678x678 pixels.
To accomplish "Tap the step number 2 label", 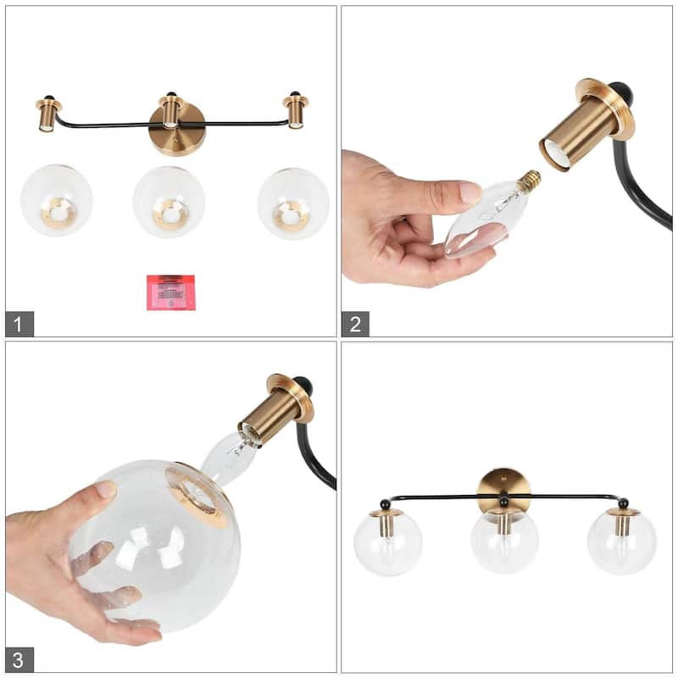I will click(355, 323).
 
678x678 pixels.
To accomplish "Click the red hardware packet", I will click(170, 292).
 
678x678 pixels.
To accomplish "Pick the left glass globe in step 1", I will click(57, 201).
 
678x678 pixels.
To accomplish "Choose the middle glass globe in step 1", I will click(169, 202).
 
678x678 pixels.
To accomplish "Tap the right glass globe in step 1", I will click(293, 203).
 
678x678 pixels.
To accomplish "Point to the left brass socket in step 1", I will click(47, 114).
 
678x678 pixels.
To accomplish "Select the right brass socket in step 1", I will click(296, 112).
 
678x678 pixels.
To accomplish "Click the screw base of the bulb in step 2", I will click(530, 179).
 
